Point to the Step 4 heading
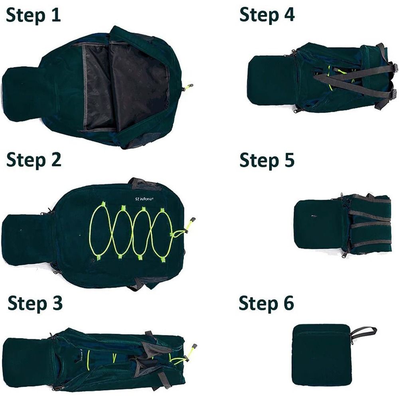point(267,15)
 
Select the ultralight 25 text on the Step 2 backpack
point(142,196)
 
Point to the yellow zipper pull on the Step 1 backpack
point(189,86)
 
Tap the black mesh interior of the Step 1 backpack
point(128,86)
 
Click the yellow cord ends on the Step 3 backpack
point(184,359)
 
